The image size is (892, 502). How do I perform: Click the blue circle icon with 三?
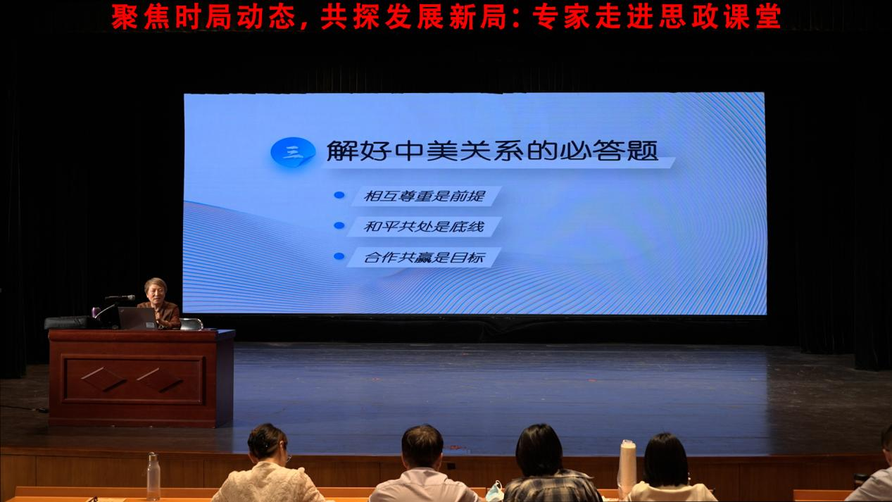click(x=293, y=151)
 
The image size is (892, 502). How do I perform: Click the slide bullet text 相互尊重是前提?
click(x=425, y=196)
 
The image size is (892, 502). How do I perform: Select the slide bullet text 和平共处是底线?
click(x=424, y=227)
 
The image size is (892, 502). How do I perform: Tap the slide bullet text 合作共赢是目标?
click(x=424, y=257)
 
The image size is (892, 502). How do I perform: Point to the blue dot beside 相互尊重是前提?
click(x=339, y=194)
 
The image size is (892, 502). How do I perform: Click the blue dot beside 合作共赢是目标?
click(x=339, y=256)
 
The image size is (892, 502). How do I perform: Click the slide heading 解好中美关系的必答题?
click(x=492, y=151)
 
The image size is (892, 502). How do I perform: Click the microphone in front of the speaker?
click(x=120, y=297)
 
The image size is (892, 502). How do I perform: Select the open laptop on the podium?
click(x=137, y=318)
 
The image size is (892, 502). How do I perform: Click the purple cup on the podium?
click(x=96, y=312)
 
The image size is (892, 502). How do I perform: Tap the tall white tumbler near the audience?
click(x=627, y=467)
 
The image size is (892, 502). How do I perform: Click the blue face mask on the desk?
click(x=494, y=492)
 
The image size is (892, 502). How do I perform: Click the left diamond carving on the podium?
click(x=103, y=379)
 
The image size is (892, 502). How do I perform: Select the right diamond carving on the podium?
click(x=159, y=379)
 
